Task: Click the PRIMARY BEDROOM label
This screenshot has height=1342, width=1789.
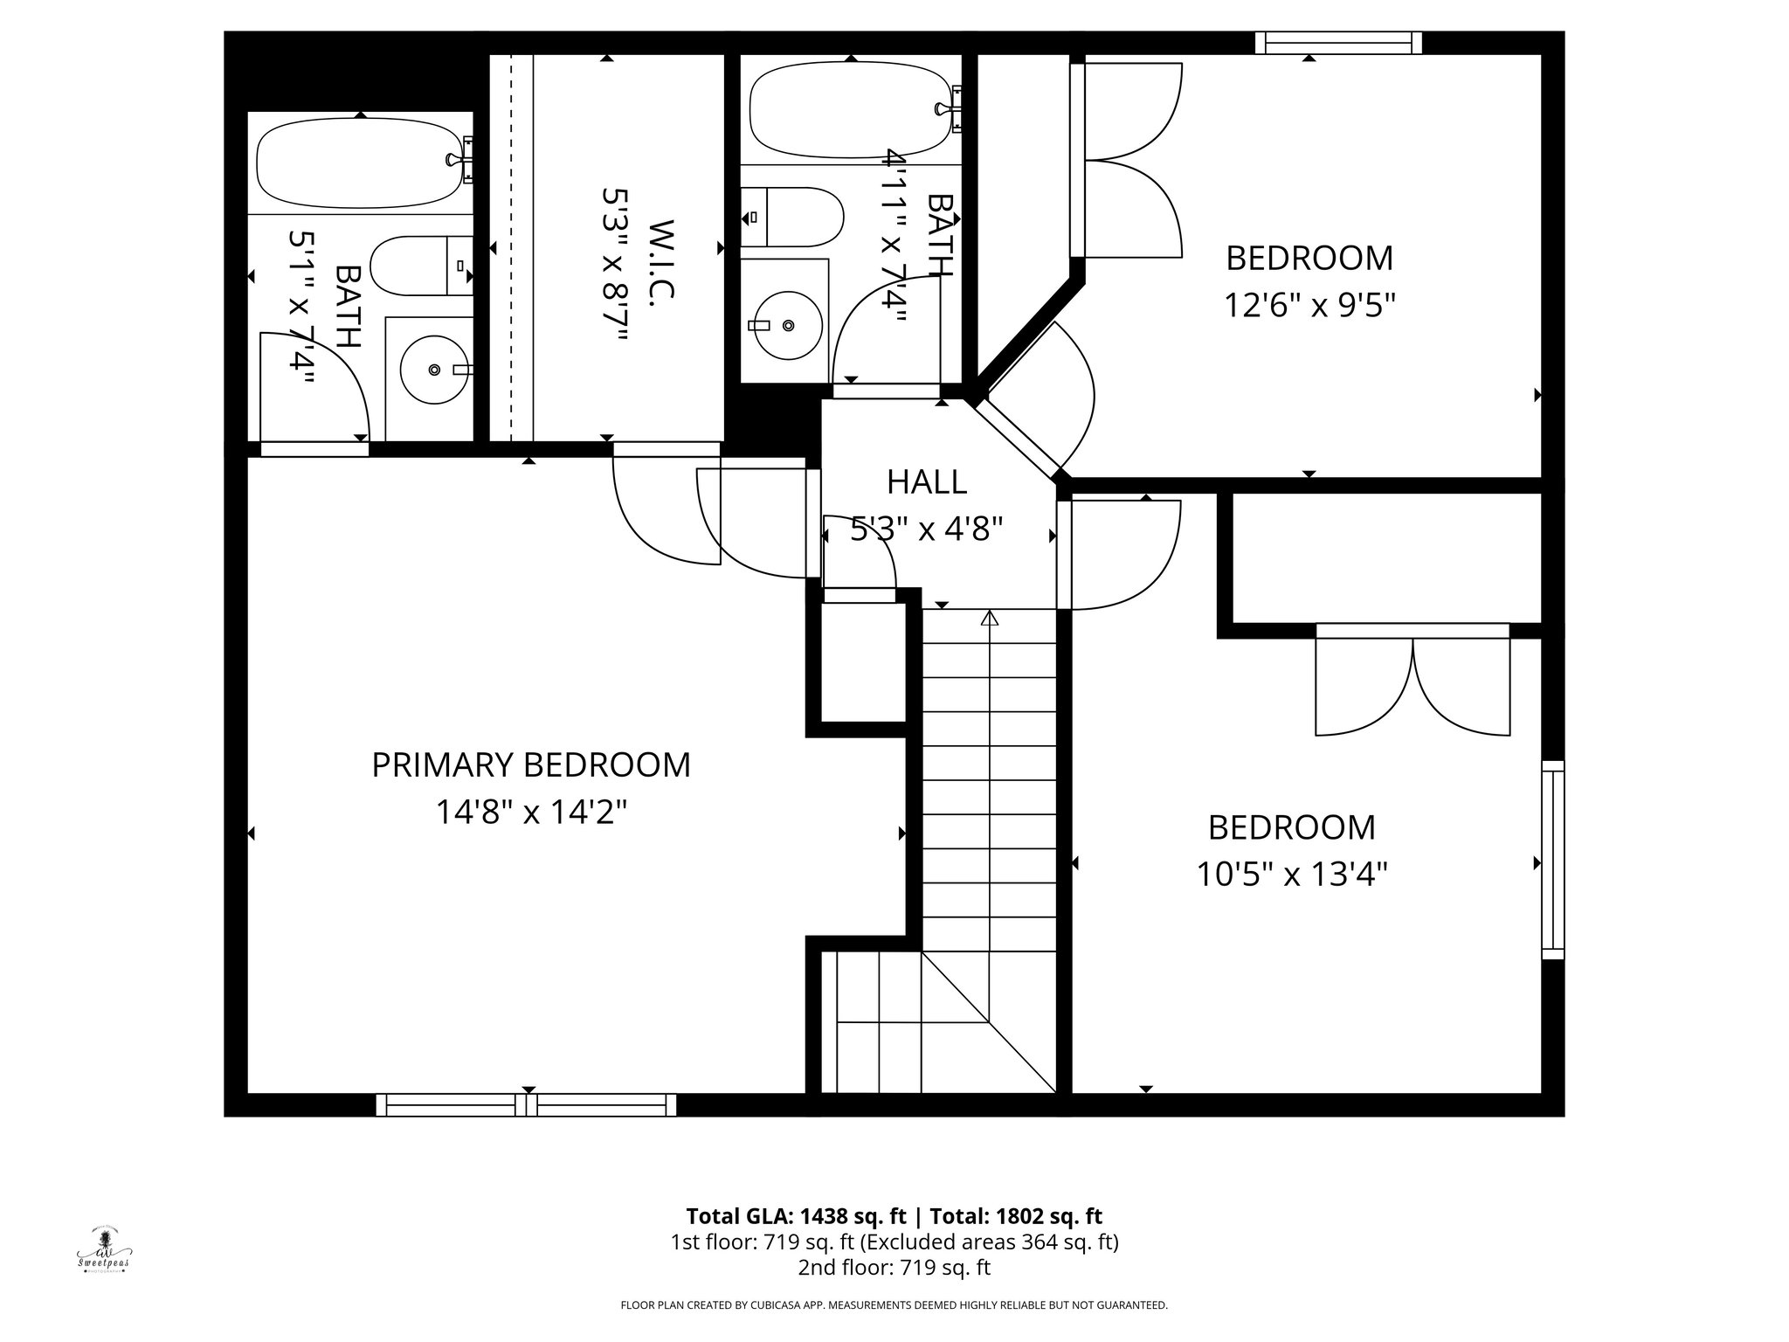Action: (x=531, y=764)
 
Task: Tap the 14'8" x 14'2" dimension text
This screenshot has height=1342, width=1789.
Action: (x=531, y=813)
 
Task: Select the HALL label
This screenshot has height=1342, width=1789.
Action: (x=927, y=481)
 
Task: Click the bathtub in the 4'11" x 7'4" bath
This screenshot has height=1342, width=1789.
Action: (x=849, y=109)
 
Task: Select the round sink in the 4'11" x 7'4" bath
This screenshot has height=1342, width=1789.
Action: (x=787, y=325)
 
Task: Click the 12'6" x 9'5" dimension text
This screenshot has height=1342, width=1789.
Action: (x=1309, y=306)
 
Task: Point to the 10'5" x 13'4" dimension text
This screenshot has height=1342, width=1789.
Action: (x=1291, y=874)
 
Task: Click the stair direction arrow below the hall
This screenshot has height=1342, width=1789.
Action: (x=989, y=619)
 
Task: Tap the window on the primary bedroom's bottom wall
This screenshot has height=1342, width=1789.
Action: (x=526, y=1105)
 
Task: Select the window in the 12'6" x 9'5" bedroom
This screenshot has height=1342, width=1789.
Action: (x=1338, y=43)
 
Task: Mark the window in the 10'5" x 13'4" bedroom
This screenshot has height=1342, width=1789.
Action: (x=1552, y=860)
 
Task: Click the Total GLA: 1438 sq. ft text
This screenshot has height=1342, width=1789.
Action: (x=798, y=1216)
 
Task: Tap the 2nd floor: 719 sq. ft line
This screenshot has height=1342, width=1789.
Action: (x=894, y=1267)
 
